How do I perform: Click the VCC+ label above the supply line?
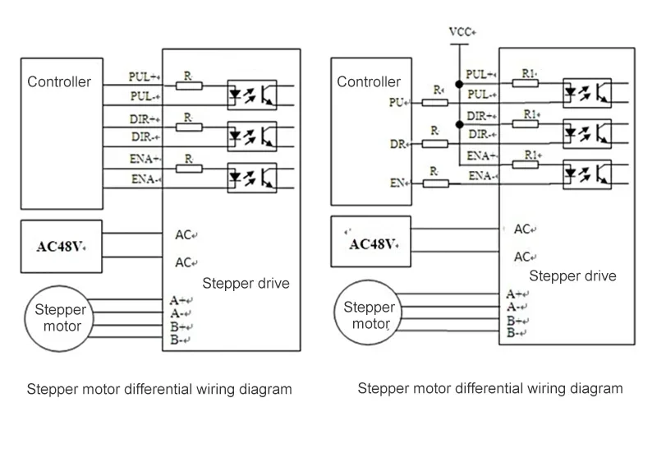click(x=462, y=32)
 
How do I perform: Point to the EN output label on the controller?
click(x=398, y=183)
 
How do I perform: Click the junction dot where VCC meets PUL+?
click(x=458, y=84)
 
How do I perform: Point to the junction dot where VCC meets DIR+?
click(x=458, y=123)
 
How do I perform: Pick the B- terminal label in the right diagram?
click(x=516, y=333)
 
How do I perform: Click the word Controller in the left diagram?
click(x=59, y=81)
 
